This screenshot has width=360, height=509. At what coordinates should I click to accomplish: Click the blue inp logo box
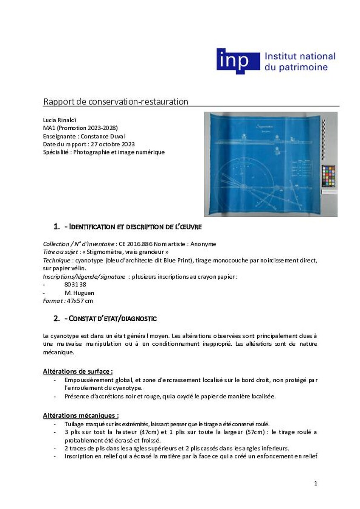238,61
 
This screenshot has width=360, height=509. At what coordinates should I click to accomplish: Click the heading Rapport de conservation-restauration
115,102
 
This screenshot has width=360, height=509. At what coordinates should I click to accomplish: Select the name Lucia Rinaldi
58,120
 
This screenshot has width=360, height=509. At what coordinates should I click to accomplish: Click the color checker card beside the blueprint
328,176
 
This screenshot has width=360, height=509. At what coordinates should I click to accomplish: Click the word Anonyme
203,244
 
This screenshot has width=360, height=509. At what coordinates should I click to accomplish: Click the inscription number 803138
75,285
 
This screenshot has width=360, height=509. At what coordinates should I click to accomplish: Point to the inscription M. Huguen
79,293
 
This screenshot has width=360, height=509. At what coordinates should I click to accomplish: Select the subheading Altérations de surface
78,372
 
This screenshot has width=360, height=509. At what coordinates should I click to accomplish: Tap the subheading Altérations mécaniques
81,416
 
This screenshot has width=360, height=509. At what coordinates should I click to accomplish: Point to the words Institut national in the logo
300,56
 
